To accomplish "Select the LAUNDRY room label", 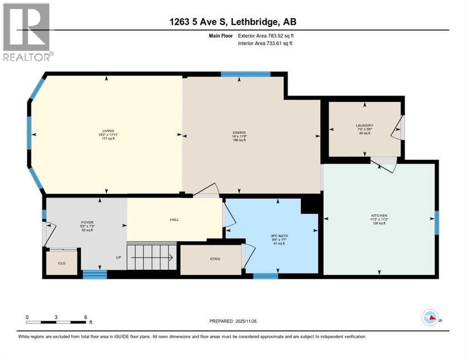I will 364,126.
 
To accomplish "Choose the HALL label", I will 174,219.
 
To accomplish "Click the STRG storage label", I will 215,258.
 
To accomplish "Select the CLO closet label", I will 62,264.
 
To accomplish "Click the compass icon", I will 431,318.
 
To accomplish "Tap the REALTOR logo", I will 27,32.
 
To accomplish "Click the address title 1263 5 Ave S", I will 233,22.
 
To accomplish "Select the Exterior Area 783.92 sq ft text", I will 266,35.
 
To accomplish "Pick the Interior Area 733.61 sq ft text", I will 266,44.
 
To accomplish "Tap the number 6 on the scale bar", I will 85,317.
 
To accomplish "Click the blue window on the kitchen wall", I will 436,222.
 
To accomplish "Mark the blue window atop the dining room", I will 246,74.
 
